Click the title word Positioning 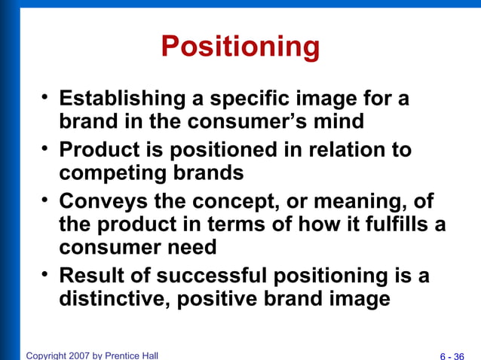tap(240, 47)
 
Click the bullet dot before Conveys tap(45, 200)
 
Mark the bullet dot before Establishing tap(45, 96)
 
